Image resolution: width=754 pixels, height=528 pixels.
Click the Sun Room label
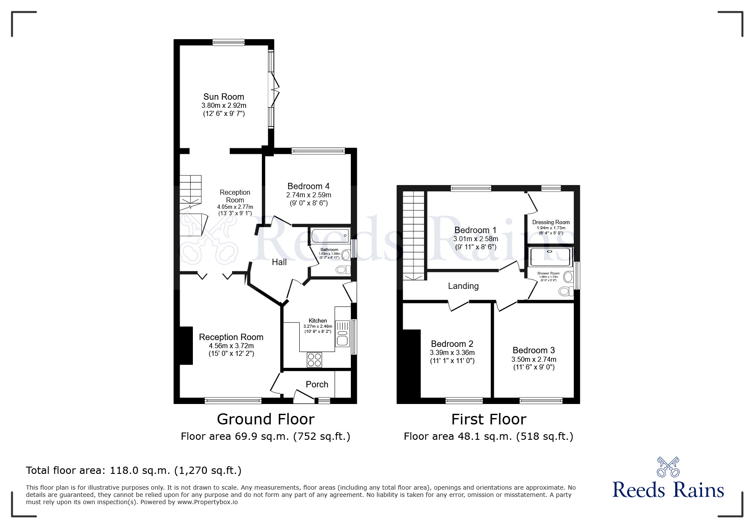coord(224,97)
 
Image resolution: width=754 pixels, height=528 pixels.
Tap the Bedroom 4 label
coord(308,186)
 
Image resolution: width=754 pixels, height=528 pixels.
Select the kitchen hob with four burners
coord(315,360)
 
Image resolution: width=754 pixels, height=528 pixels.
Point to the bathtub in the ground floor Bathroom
coord(330,236)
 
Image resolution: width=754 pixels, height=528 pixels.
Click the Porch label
coord(317,384)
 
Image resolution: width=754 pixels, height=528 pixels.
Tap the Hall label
coord(279,262)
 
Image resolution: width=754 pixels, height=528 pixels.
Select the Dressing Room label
coord(550,222)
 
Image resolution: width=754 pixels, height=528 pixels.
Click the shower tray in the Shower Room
coord(551,256)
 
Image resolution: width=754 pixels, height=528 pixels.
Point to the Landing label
coord(463,286)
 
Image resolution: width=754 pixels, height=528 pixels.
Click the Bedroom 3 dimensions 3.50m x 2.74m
coord(533,359)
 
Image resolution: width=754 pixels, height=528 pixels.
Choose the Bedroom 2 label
coord(452,344)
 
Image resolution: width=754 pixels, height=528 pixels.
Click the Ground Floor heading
coord(265,419)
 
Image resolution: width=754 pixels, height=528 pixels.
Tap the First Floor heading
coord(488,419)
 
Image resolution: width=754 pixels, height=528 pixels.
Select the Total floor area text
coord(134,470)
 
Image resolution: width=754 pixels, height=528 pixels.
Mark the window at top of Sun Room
coord(229,42)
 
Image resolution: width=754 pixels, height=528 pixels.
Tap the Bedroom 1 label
coord(475,230)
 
